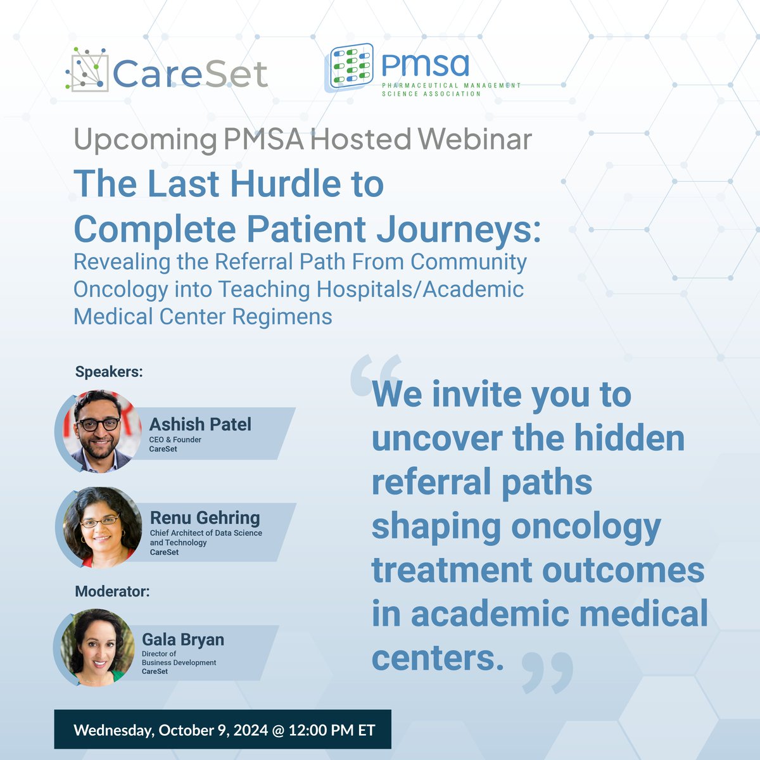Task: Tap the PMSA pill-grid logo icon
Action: (349, 66)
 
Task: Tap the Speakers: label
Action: (109, 372)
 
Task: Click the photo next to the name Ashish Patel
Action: (101, 431)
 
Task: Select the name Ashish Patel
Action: (200, 424)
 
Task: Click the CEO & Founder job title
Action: (175, 440)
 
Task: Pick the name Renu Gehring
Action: (205, 517)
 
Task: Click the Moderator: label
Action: (112, 592)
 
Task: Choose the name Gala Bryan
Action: (183, 640)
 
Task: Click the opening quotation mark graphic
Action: (376, 375)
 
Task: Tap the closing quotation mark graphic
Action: (547, 673)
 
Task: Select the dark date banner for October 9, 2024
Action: (222, 730)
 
